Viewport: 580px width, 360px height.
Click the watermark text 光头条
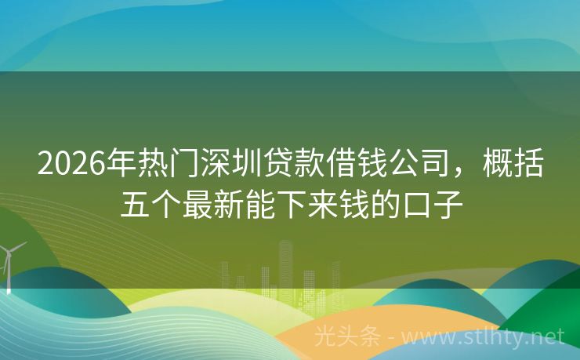(346, 337)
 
